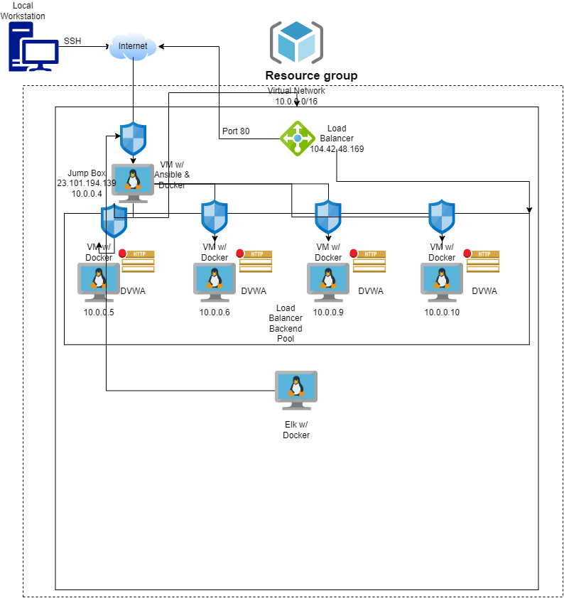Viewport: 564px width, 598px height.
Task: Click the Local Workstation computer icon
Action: pyautogui.click(x=33, y=47)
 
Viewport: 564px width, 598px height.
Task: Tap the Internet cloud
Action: pyautogui.click(x=133, y=47)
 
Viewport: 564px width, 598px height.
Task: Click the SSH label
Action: pyautogui.click(x=72, y=41)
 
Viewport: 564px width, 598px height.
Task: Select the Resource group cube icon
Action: pyautogui.click(x=296, y=42)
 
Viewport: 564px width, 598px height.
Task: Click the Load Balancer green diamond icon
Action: pyautogui.click(x=297, y=138)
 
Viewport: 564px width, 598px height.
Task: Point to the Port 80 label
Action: pyautogui.click(x=236, y=131)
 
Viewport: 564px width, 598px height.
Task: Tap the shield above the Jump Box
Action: pyautogui.click(x=133, y=138)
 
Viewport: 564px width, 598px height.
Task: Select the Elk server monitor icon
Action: pyautogui.click(x=296, y=390)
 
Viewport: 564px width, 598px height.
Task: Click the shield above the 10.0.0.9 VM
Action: pyautogui.click(x=328, y=217)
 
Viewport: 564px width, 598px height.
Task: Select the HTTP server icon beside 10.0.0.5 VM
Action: pyautogui.click(x=137, y=261)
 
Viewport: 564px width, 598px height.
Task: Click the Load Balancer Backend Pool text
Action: pyautogui.click(x=286, y=324)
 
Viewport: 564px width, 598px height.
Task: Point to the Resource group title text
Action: pyautogui.click(x=311, y=76)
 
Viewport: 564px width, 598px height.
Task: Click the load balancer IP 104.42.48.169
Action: pyautogui.click(x=337, y=149)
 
